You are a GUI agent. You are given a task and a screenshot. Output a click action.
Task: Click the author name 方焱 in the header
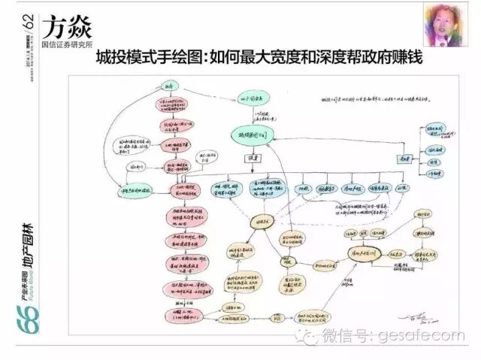pos(67,29)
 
